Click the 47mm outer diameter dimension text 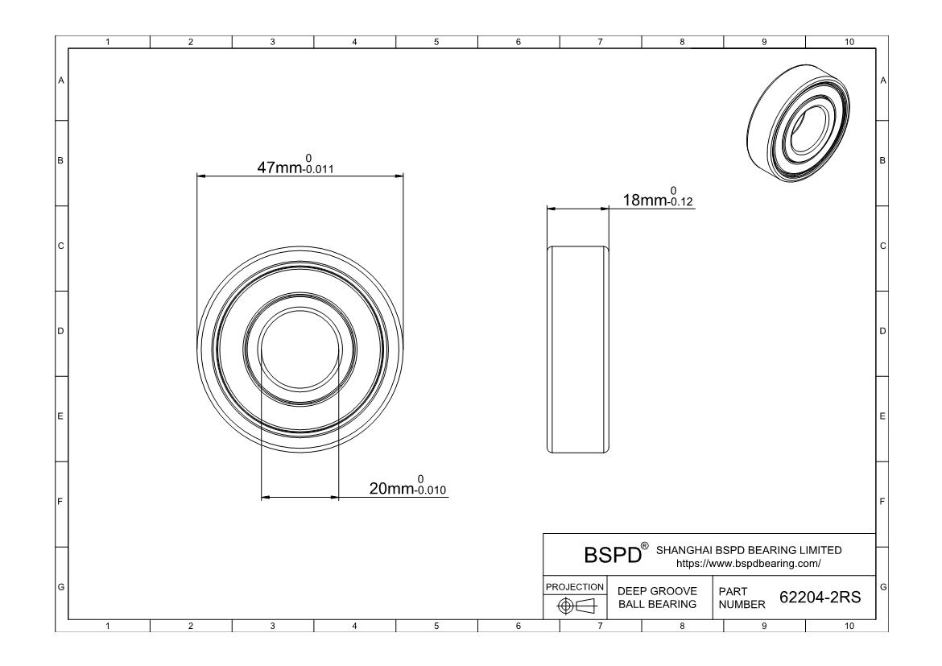[279, 168]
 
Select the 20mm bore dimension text [391, 489]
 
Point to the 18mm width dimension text [645, 201]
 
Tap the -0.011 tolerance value [318, 169]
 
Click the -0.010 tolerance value [430, 490]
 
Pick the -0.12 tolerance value [680, 202]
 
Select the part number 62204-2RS [820, 598]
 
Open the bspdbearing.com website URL [749, 564]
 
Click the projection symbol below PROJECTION [576, 606]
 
